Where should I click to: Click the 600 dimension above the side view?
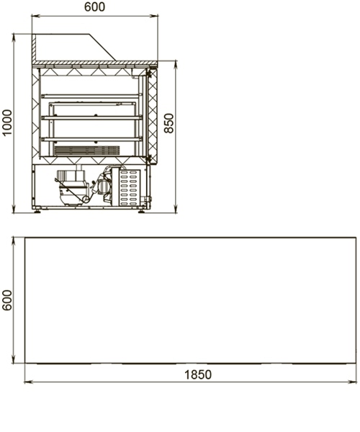[94, 7]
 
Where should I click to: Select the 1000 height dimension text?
[7, 122]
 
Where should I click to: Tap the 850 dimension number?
[169, 123]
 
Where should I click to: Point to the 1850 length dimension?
[198, 374]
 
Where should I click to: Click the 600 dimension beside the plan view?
[7, 300]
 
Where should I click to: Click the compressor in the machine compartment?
[72, 187]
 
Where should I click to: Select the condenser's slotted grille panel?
[130, 187]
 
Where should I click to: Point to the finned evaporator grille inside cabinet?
[87, 150]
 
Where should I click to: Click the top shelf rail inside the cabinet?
[91, 96]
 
